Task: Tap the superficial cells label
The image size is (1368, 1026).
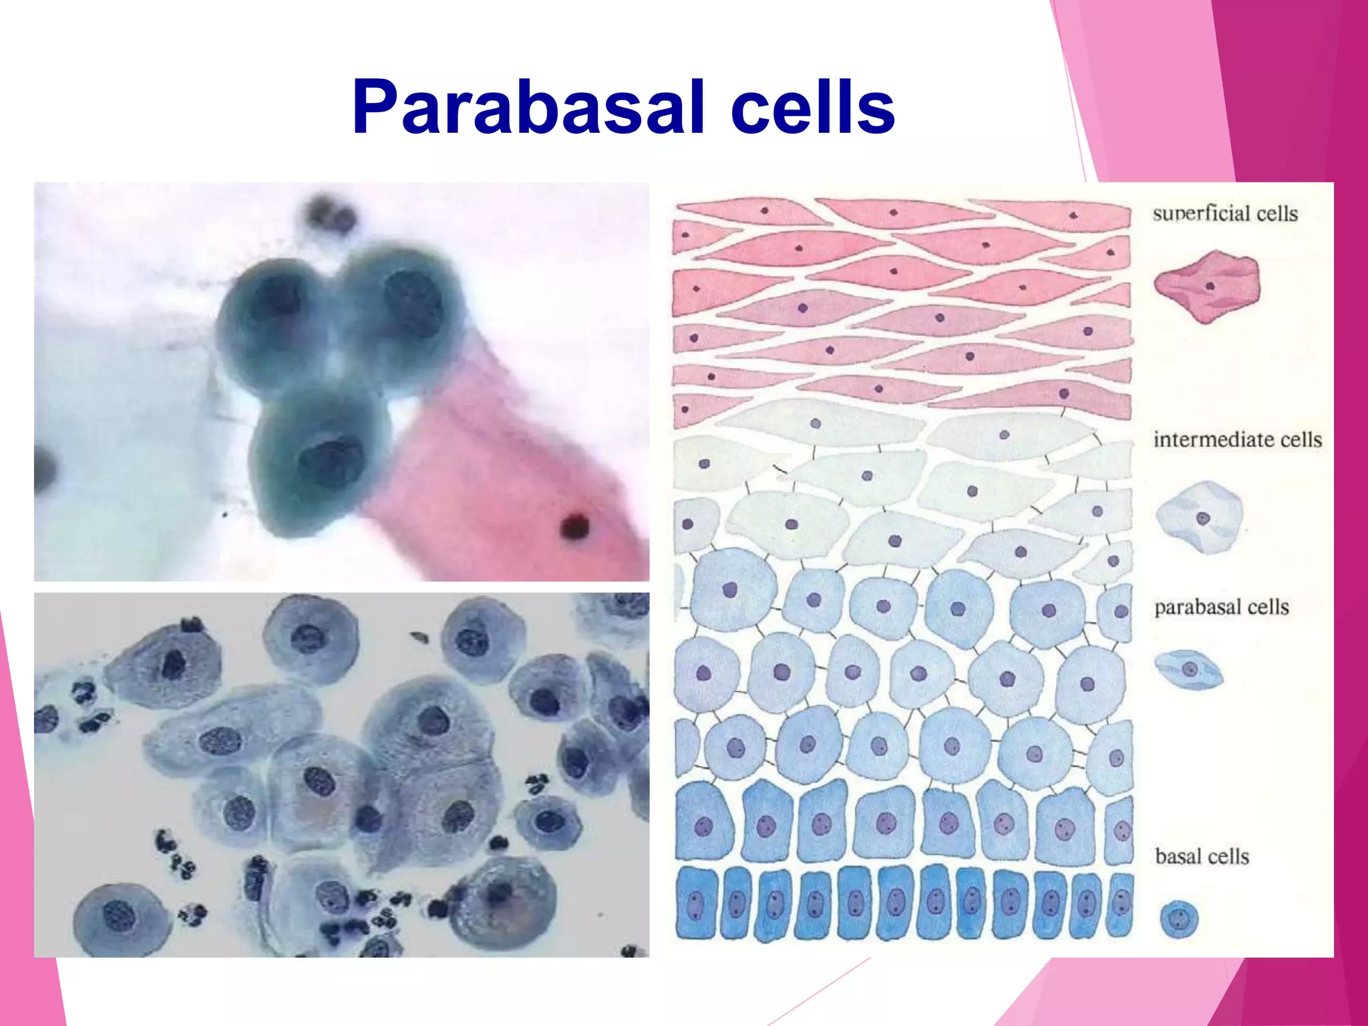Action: pyautogui.click(x=1224, y=214)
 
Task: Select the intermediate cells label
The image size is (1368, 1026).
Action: pyautogui.click(x=1237, y=440)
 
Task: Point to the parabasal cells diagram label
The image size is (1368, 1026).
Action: pyautogui.click(x=1221, y=607)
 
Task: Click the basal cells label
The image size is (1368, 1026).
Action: pyautogui.click(x=1202, y=856)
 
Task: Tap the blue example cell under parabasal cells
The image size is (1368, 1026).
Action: pyautogui.click(x=1188, y=669)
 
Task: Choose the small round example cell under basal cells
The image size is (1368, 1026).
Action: pyautogui.click(x=1179, y=920)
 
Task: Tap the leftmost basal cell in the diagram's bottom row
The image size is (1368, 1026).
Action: pyautogui.click(x=695, y=903)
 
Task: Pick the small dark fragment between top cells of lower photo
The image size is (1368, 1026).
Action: pyautogui.click(x=419, y=637)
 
